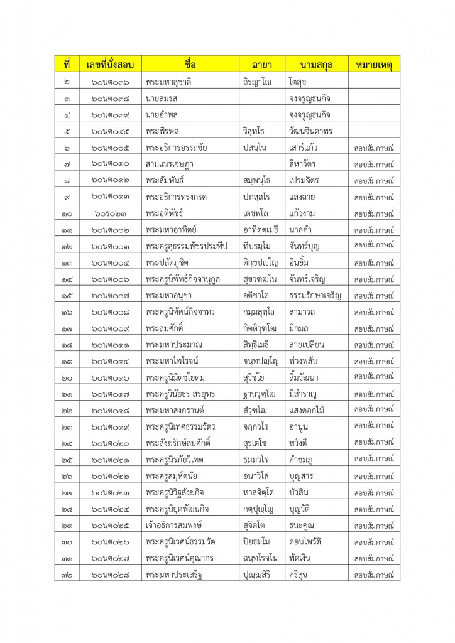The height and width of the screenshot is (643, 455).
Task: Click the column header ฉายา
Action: (x=261, y=64)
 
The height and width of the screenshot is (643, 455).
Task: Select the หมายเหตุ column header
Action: (x=375, y=64)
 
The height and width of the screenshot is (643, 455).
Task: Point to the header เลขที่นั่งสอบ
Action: (x=110, y=64)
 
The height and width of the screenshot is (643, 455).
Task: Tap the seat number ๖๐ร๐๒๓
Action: (x=110, y=213)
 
